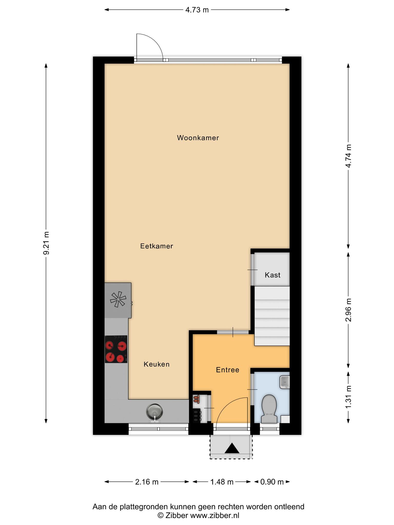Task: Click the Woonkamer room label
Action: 198,138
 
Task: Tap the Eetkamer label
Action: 157,246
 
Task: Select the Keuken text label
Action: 156,364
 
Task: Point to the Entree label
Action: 228,370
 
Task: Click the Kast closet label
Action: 273,275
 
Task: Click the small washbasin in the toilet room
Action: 285,382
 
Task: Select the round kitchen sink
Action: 154,411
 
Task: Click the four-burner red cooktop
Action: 116,349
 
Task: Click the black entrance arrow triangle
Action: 232,448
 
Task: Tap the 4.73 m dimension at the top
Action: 197,10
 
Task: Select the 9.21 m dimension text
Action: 46,243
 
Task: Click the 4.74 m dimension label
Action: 348,156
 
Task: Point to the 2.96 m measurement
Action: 348,310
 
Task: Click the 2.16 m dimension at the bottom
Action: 147,482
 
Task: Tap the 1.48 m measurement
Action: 222,482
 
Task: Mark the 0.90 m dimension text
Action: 272,482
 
